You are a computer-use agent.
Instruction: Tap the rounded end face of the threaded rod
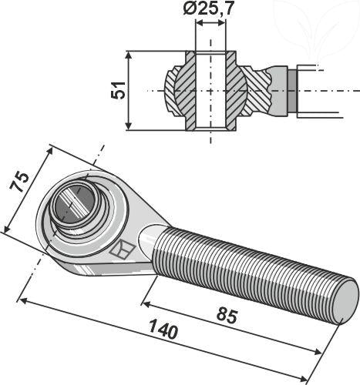coord(345,296)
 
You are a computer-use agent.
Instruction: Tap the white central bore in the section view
coord(211,90)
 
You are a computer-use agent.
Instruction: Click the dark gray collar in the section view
coord(291,90)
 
